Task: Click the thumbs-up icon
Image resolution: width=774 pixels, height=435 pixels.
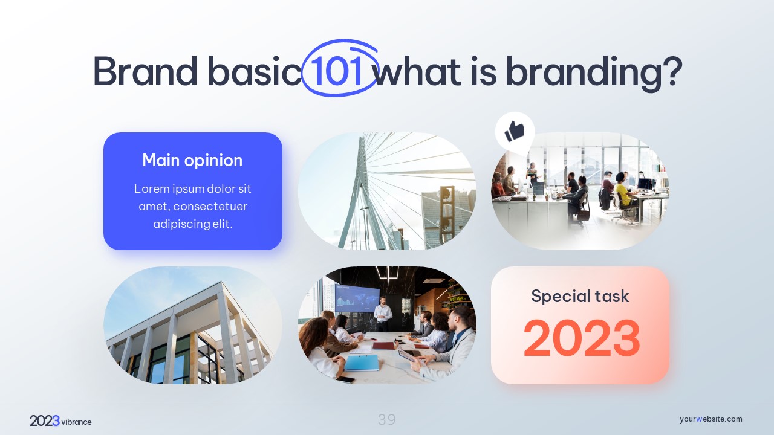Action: (x=515, y=131)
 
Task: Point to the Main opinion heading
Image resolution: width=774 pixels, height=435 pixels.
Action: (x=192, y=161)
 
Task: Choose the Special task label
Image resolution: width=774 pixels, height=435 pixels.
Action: (x=580, y=296)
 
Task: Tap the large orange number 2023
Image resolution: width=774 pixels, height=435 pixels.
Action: (x=582, y=338)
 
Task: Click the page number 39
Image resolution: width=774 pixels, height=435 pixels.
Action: (x=386, y=420)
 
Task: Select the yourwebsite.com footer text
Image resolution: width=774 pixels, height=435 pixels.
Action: (x=711, y=419)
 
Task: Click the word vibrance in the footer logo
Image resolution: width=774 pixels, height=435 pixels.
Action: (x=76, y=422)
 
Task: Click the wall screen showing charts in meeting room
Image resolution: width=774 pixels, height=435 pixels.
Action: (x=357, y=298)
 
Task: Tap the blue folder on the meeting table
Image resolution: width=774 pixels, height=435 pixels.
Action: (x=362, y=363)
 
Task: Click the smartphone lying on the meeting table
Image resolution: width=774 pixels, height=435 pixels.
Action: (x=345, y=379)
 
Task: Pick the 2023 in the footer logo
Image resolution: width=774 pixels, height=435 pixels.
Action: (x=45, y=421)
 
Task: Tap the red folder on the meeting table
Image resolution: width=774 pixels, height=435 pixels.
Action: (x=383, y=346)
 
